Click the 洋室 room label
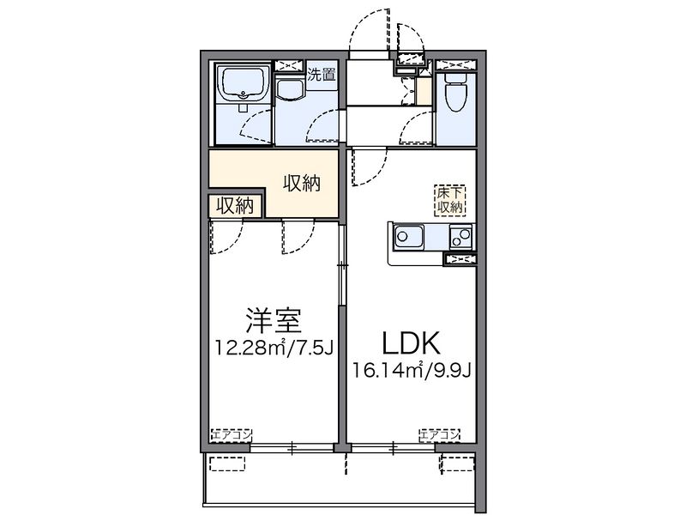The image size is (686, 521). [x=273, y=322]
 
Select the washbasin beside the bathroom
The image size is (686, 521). [x=292, y=94]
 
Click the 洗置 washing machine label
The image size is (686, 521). [x=322, y=74]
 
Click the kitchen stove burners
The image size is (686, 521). [x=460, y=235]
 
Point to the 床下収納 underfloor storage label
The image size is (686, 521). [x=450, y=199]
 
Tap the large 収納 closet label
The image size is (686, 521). [x=303, y=183]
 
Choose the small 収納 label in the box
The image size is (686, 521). [x=235, y=206]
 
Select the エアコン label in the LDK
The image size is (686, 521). [x=440, y=435]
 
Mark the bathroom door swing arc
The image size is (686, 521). [x=255, y=129]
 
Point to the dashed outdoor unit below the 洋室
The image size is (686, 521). [x=229, y=463]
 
